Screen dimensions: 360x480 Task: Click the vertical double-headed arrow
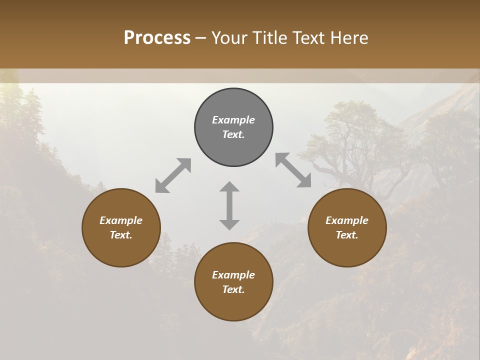click(x=229, y=205)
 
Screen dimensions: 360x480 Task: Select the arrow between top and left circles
click(x=173, y=175)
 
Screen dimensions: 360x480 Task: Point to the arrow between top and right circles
click(x=293, y=170)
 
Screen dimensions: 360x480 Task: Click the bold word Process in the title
click(x=157, y=37)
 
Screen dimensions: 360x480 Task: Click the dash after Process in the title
click(x=201, y=37)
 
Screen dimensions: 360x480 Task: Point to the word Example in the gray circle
click(x=233, y=120)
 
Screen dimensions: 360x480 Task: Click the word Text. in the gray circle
click(x=233, y=134)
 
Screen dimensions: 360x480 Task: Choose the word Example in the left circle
click(x=121, y=220)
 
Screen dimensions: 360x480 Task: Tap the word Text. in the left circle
click(x=121, y=235)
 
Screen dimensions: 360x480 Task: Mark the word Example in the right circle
click(x=347, y=220)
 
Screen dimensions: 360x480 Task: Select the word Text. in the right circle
click(x=347, y=235)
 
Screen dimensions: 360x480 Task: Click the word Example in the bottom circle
click(x=233, y=275)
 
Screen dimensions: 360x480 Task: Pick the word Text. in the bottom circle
click(x=233, y=289)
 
